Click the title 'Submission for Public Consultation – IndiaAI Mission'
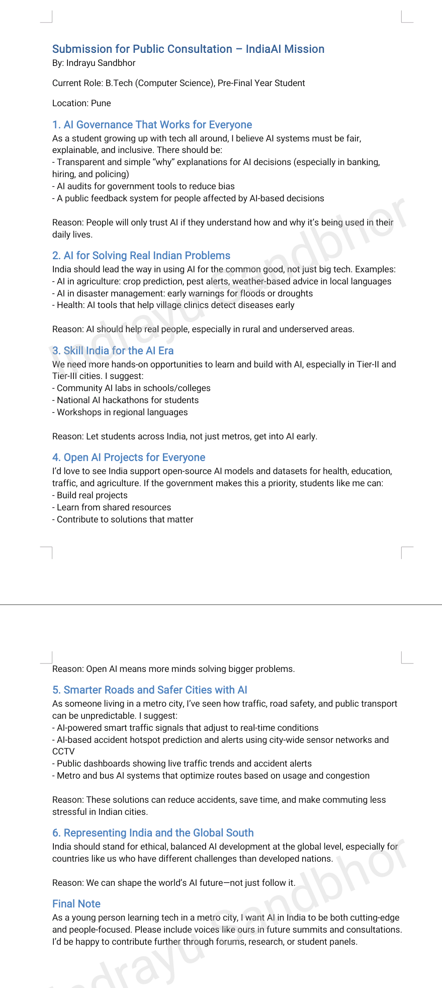(x=188, y=49)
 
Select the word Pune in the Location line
(x=101, y=103)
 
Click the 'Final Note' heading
(x=76, y=904)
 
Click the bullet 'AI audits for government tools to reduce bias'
(x=143, y=186)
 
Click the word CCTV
(x=63, y=751)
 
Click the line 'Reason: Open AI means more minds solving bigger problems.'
(x=173, y=669)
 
